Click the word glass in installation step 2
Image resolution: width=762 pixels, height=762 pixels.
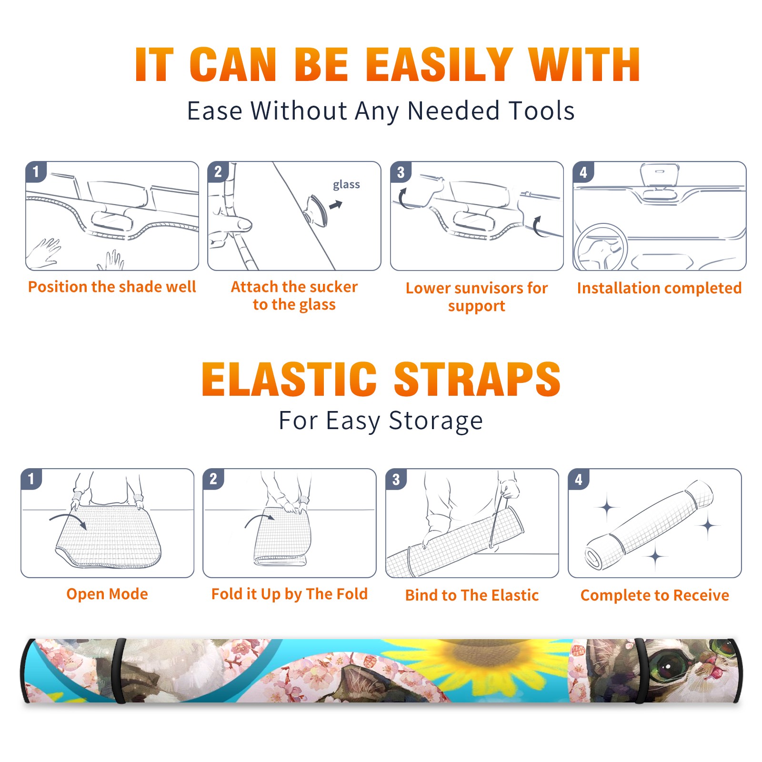[x=346, y=185]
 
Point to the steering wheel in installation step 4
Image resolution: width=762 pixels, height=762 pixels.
[x=601, y=247]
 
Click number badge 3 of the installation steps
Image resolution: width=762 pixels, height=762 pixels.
[x=401, y=172]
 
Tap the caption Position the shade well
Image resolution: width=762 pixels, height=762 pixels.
[x=112, y=287]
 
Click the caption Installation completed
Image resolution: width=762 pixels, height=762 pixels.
[x=659, y=288]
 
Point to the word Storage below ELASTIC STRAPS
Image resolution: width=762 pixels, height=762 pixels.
[x=436, y=421]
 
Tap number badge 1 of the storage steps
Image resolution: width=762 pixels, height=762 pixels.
[x=31, y=479]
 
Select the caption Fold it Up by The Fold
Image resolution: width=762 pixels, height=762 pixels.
[x=290, y=594]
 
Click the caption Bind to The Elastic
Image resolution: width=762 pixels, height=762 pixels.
[x=472, y=595]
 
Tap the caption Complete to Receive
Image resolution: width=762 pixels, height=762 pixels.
[x=655, y=595]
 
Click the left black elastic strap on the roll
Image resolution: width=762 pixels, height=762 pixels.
[x=119, y=671]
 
